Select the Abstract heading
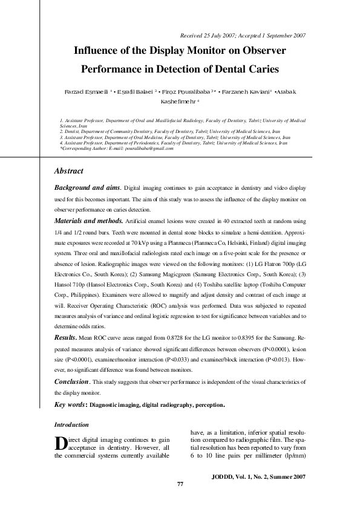(69, 171)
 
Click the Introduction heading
(71, 425)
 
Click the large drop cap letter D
(60, 443)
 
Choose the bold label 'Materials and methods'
(88, 221)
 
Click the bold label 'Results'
(66, 336)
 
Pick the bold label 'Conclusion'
(72, 382)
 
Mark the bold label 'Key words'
(70, 404)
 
